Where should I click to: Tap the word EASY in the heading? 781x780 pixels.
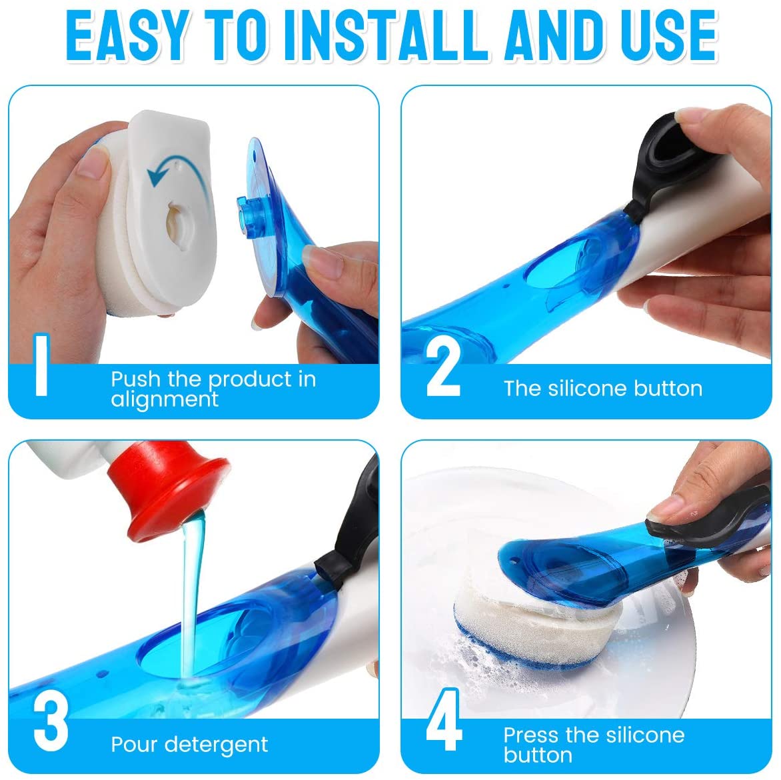pos(129,36)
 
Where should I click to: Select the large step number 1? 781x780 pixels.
pos(42,365)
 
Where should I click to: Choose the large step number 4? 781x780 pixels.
pos(444,719)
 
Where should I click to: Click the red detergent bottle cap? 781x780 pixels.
pos(169,489)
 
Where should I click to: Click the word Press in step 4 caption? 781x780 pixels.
pos(531,735)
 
